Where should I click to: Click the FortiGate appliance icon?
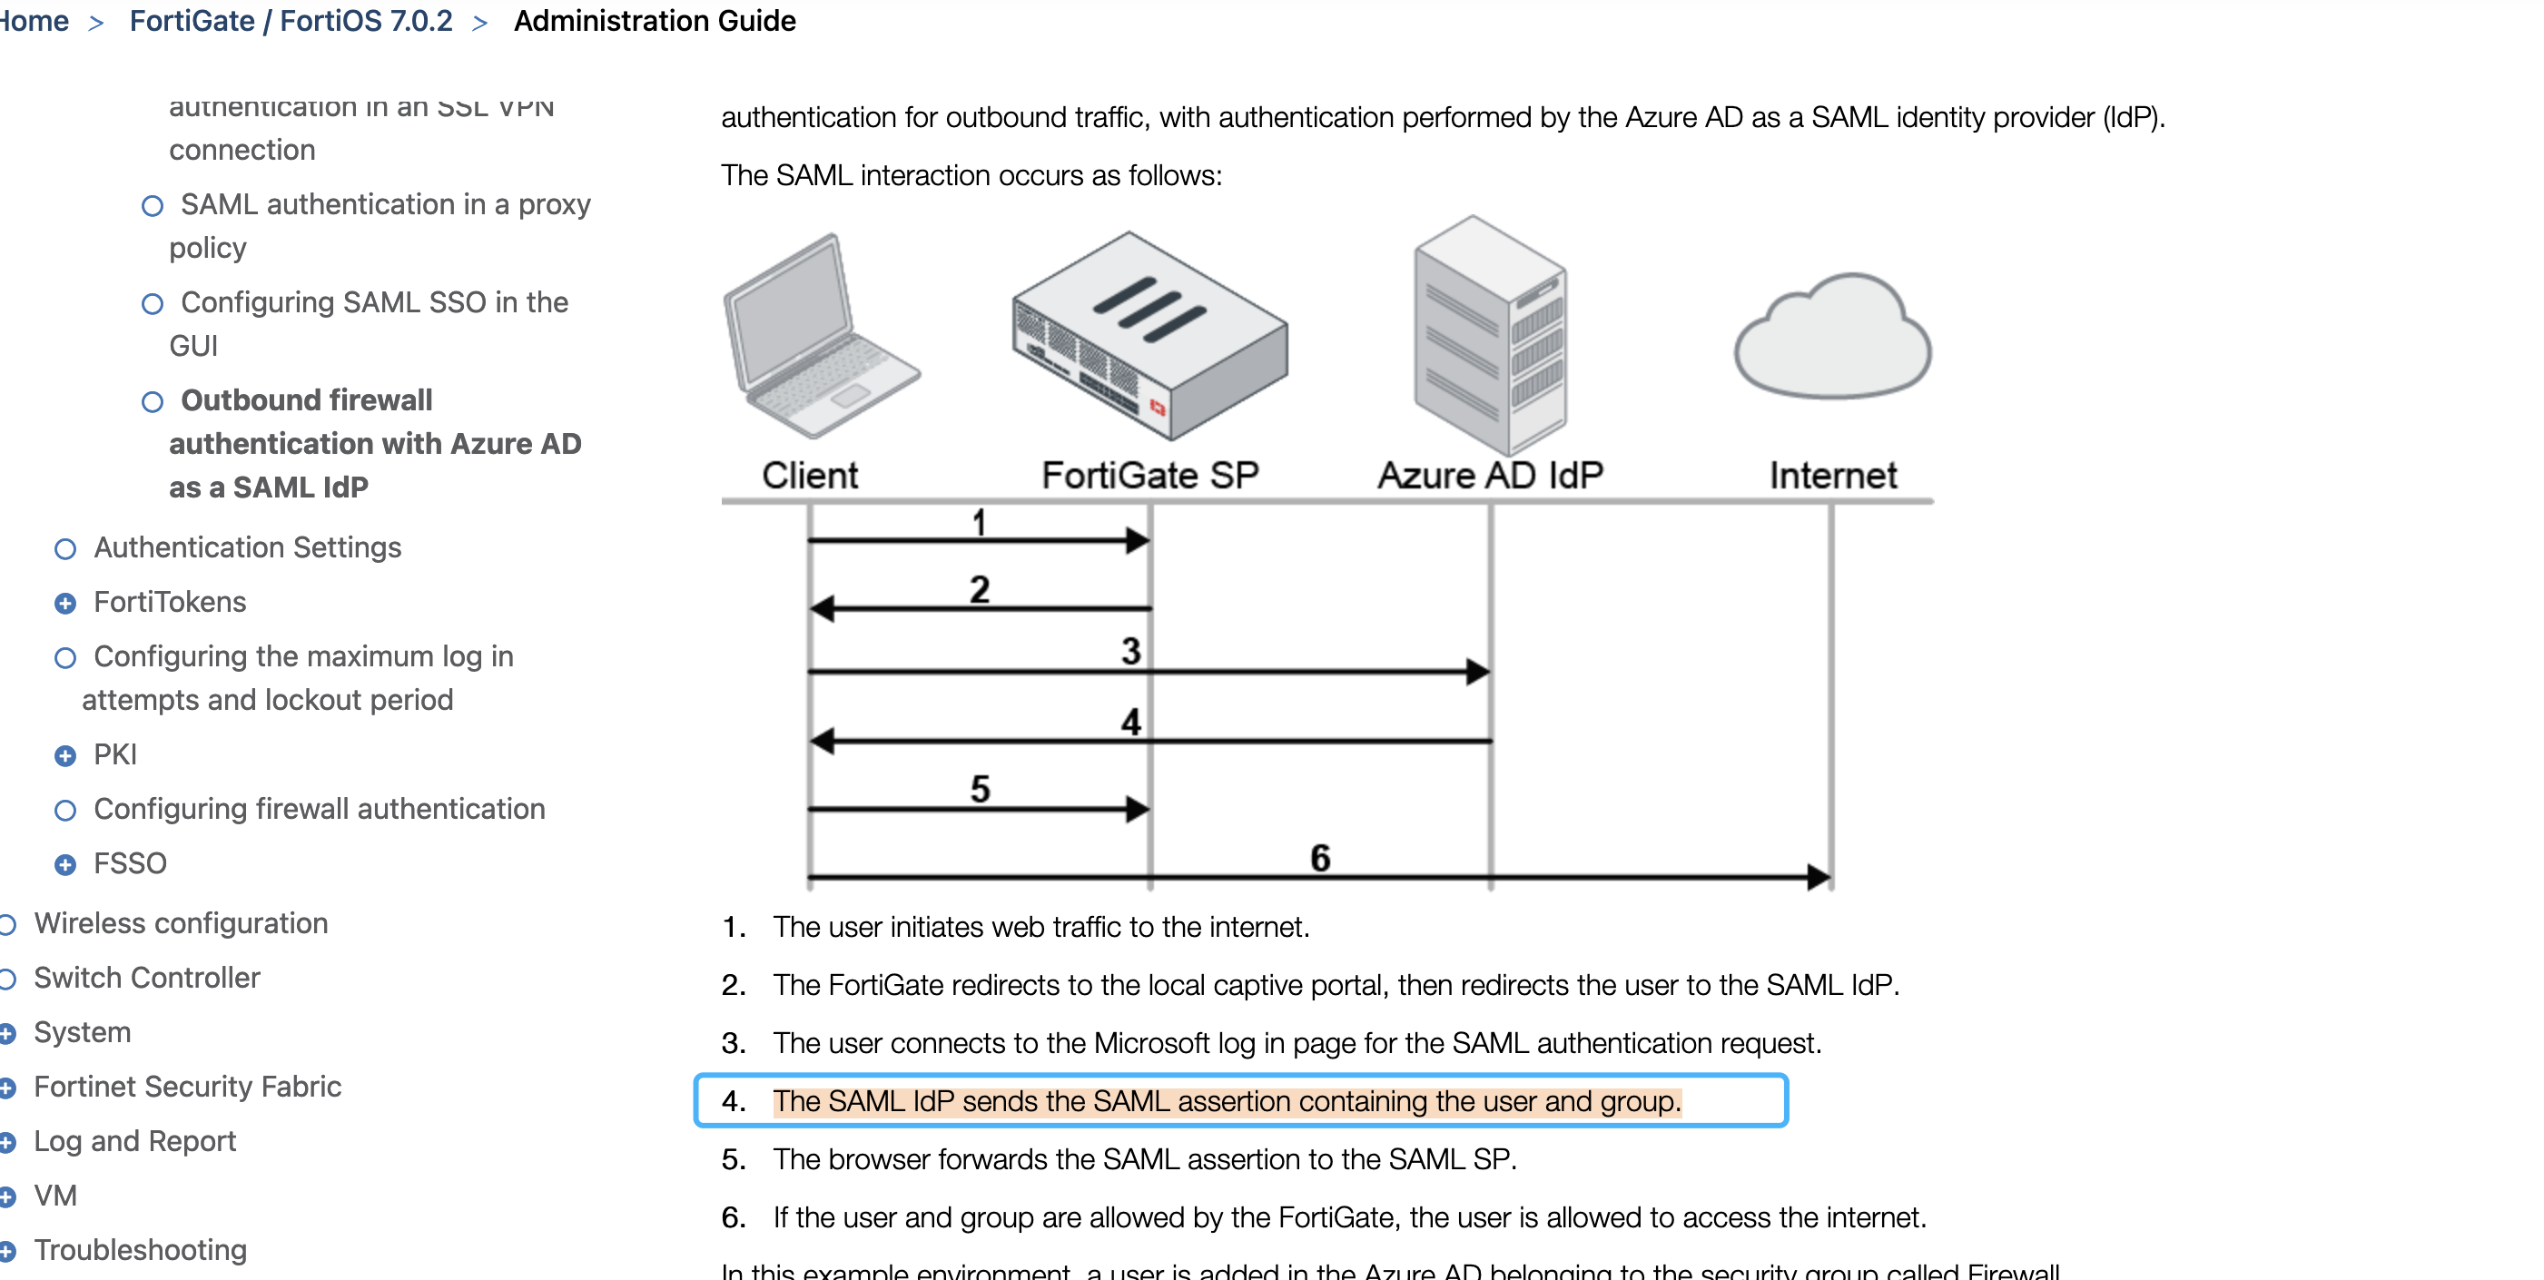1149,336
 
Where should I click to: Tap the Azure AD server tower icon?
1489,336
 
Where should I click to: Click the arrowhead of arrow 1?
1138,540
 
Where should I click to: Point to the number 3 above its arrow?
1130,651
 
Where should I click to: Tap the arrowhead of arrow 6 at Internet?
1819,876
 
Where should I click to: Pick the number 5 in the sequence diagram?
980,789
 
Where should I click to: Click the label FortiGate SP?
1149,475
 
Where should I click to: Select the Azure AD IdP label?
1489,475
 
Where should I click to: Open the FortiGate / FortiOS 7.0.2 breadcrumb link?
291,21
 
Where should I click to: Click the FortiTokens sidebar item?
170,602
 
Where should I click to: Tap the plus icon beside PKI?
65,755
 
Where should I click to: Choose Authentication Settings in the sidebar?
247,547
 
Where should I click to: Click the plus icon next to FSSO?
65,864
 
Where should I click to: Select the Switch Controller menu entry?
147,978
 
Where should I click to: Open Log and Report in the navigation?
135,1141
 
